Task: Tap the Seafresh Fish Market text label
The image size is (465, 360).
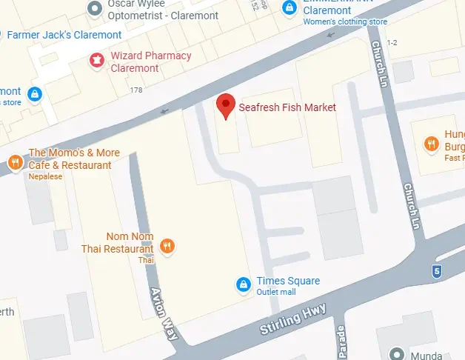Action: coord(287,108)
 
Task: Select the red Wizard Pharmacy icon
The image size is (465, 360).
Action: coord(96,61)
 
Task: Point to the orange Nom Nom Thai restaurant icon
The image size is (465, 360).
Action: coord(168,246)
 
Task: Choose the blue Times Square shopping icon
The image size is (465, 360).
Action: coord(242,284)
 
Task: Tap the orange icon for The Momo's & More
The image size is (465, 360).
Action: coord(14,161)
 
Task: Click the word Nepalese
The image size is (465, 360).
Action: coord(46,177)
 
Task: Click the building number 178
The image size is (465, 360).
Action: coord(136,90)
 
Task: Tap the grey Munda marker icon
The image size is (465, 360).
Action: coord(398,353)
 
